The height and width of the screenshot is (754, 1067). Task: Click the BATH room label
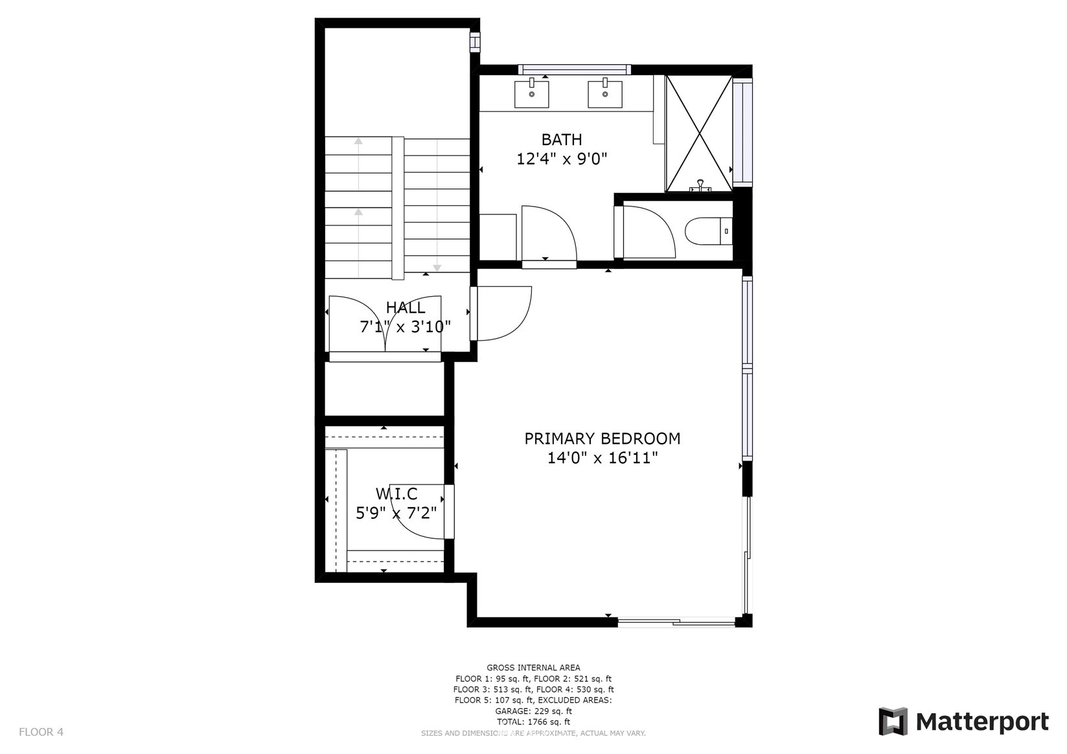point(562,139)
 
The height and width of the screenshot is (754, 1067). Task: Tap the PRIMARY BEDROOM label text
point(602,438)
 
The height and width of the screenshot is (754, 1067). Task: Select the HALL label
point(406,307)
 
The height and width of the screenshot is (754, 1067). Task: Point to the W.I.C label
point(396,494)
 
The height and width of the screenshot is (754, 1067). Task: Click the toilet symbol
point(709,231)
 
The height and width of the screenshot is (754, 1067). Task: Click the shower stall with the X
point(699,133)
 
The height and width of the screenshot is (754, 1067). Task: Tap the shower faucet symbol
point(700,185)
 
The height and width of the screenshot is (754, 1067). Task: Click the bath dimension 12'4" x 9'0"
point(562,159)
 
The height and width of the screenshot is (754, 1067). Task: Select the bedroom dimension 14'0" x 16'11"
point(602,458)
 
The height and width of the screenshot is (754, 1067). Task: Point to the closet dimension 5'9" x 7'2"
point(396,514)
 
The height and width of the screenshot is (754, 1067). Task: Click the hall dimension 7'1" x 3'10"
point(406,327)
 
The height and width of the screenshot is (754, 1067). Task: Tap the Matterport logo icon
point(893,722)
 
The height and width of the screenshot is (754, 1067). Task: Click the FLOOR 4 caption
point(41,732)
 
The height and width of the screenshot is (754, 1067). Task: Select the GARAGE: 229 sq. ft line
point(534,711)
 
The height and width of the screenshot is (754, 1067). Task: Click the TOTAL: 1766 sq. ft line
point(534,722)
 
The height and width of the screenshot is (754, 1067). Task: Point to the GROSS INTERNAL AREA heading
point(534,668)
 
